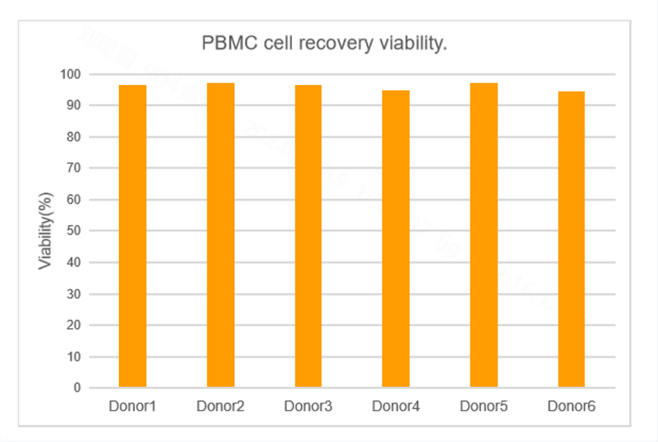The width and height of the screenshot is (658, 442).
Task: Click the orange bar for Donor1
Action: click(x=133, y=236)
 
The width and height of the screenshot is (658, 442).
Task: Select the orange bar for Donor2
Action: click(x=220, y=235)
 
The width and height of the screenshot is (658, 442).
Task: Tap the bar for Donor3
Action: click(x=308, y=236)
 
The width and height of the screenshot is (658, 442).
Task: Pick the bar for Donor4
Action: click(x=396, y=239)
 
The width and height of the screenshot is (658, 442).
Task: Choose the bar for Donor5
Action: click(x=484, y=235)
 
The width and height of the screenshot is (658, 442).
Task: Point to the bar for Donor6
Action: click(x=572, y=239)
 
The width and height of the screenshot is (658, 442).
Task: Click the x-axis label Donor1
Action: click(x=133, y=406)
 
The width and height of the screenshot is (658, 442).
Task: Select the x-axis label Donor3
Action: click(x=308, y=406)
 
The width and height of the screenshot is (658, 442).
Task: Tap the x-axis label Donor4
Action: click(x=396, y=406)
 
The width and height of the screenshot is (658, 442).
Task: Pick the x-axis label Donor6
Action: click(x=572, y=406)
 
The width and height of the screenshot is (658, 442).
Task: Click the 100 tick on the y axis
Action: click(x=71, y=74)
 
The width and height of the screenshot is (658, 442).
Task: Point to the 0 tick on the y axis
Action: click(x=77, y=388)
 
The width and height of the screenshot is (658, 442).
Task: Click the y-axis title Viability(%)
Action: click(x=45, y=231)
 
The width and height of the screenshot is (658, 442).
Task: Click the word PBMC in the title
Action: click(x=225, y=44)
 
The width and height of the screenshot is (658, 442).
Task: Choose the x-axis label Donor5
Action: click(x=484, y=406)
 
